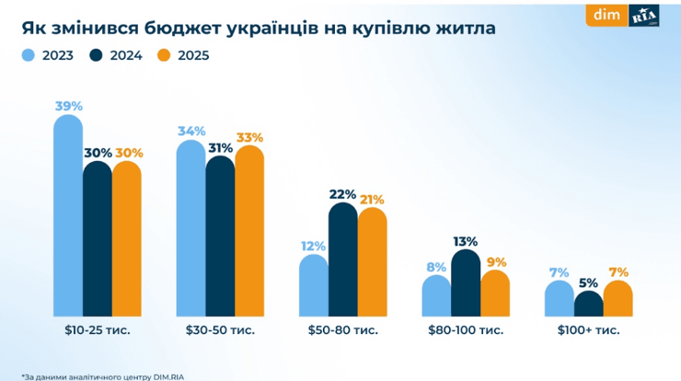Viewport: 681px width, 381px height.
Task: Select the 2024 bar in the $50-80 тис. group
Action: pos(343,260)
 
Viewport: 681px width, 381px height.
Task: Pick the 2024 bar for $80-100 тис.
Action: pos(466,283)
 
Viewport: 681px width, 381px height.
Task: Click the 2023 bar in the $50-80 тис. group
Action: pos(314,285)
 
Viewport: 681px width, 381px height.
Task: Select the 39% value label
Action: pos(68,106)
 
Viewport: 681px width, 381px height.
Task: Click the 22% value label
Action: pos(343,194)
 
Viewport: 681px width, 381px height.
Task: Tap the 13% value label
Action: pos(466,241)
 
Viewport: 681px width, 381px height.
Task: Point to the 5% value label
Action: pos(588,283)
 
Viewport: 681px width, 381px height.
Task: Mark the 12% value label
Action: pos(314,246)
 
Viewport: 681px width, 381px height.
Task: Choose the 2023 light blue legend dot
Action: pos(29,55)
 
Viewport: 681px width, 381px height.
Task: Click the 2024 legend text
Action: pos(124,55)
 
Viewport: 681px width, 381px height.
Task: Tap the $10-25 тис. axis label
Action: pos(98,329)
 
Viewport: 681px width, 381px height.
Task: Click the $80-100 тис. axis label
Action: pos(466,329)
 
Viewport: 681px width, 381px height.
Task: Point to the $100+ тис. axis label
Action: pos(588,329)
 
